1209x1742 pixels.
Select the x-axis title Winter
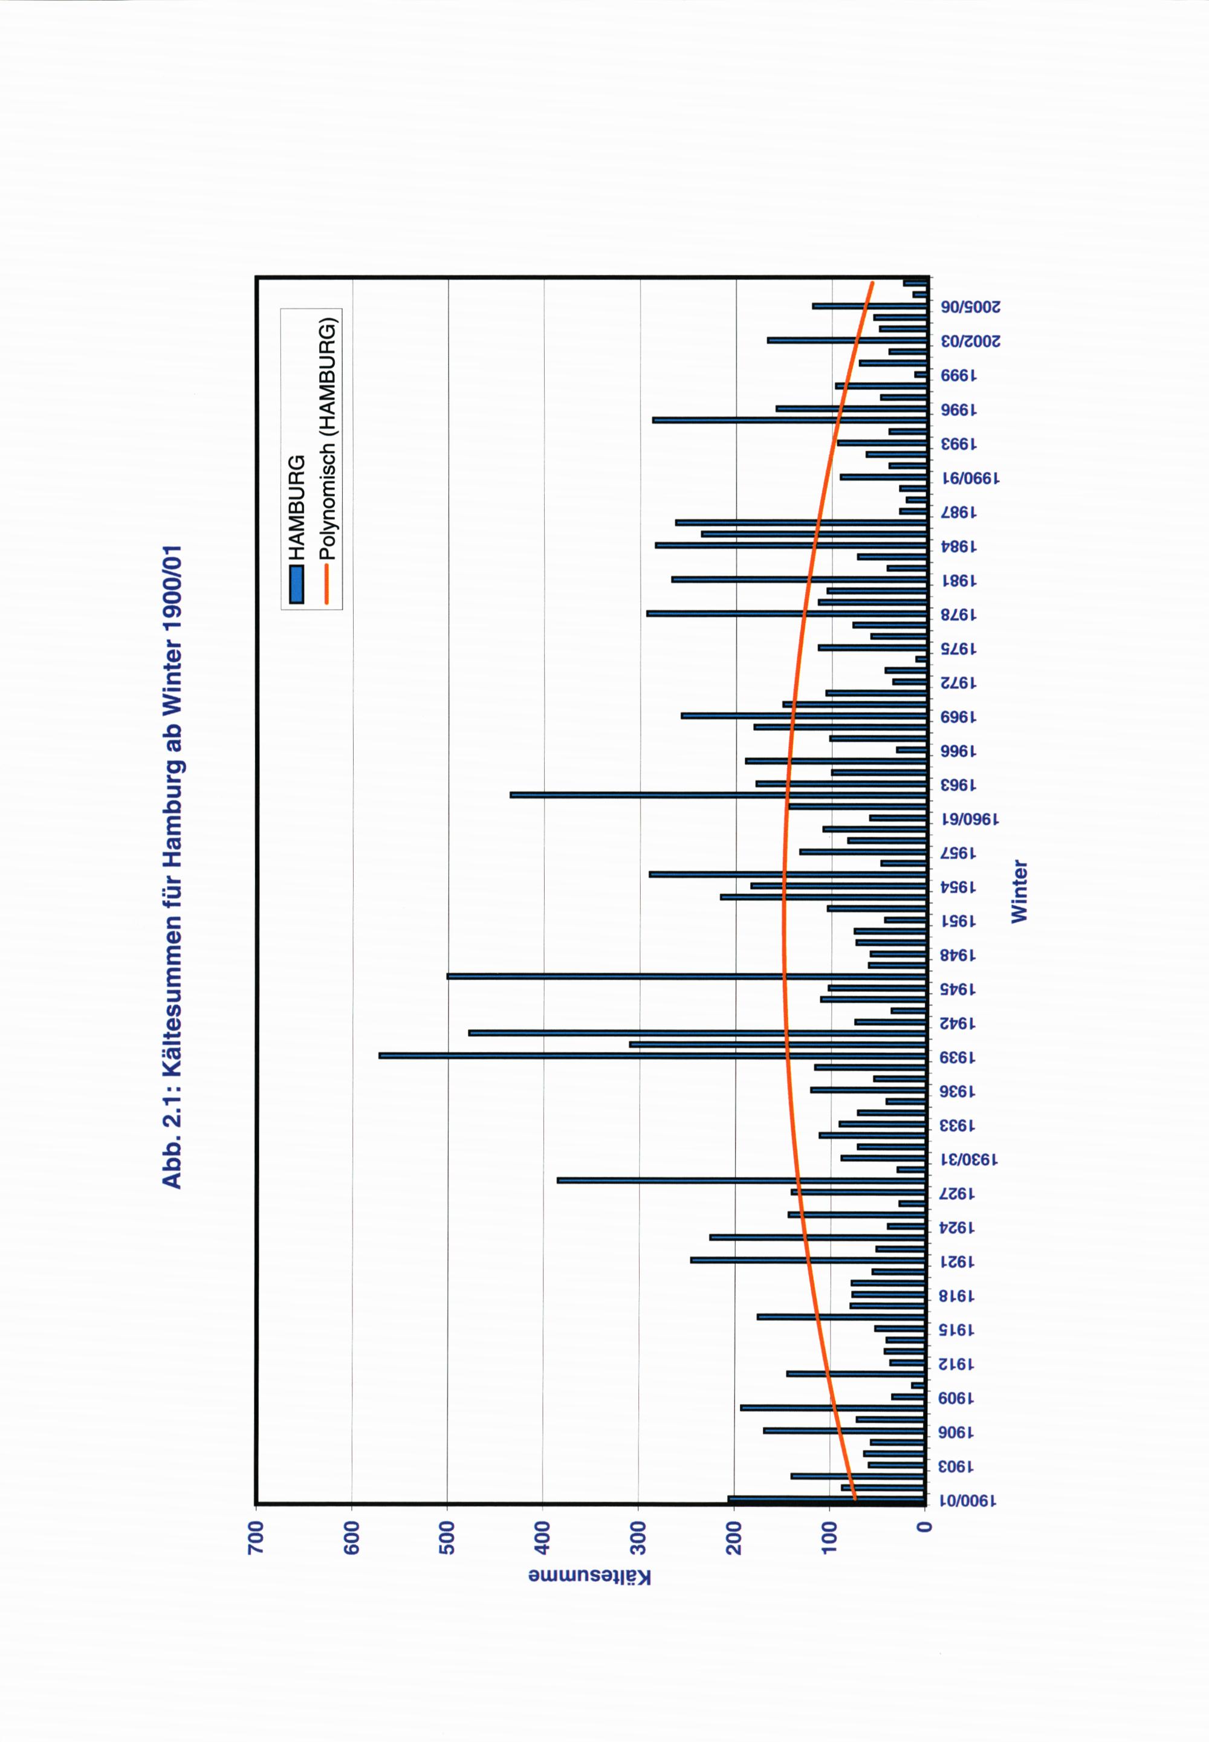point(1020,891)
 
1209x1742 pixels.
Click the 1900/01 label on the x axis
point(969,1500)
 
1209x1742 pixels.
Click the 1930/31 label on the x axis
point(969,1159)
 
